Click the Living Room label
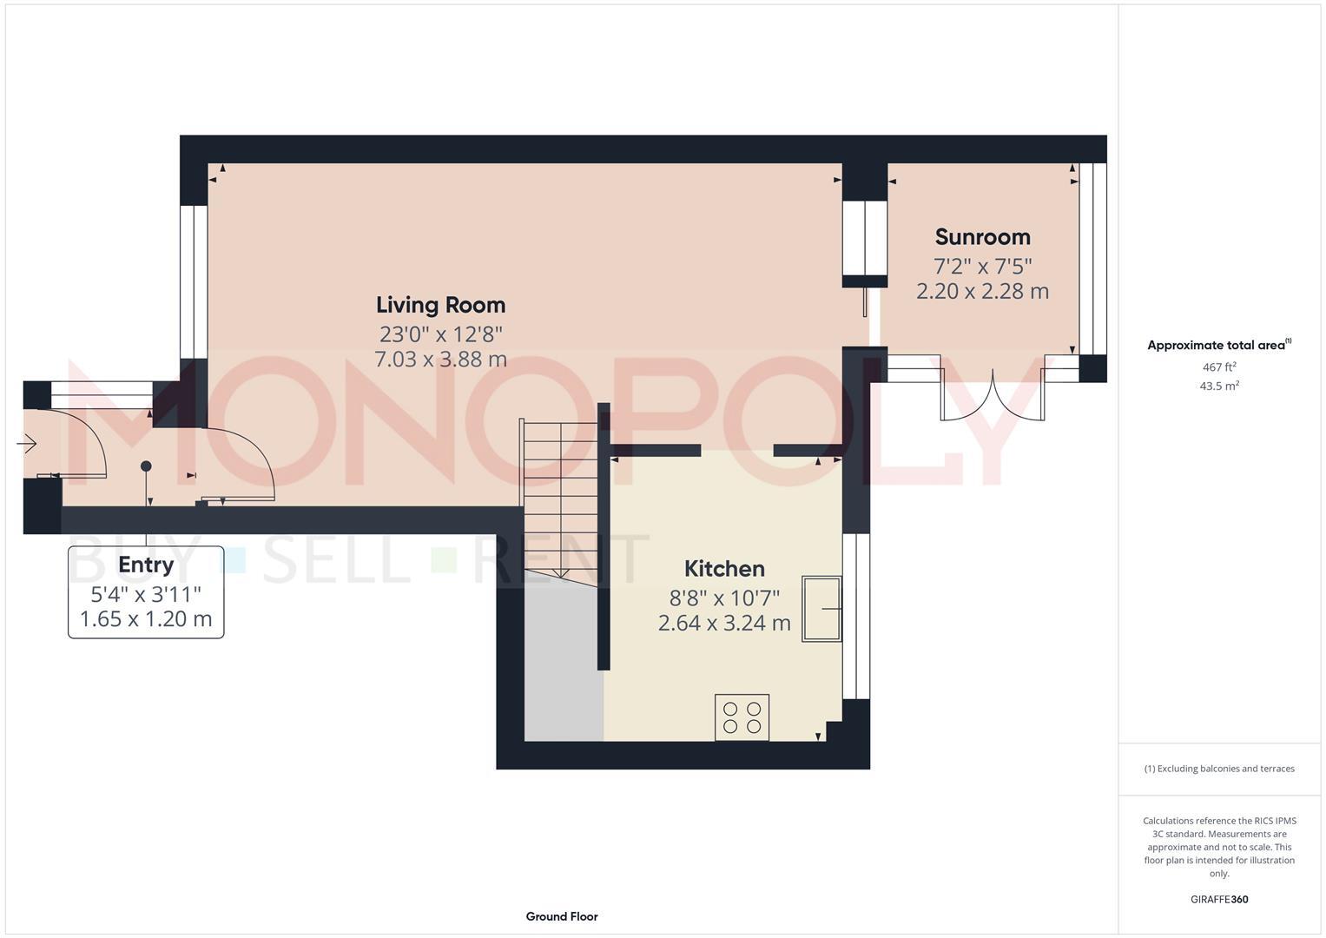[440, 305]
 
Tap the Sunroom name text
[982, 237]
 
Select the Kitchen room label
[724, 569]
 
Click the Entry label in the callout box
[146, 565]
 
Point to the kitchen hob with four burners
[742, 717]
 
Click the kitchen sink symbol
[821, 608]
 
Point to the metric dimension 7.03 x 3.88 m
[440, 359]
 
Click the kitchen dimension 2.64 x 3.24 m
[724, 623]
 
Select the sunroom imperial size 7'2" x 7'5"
[982, 265]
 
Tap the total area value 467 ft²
[1219, 367]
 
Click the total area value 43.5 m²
[1219, 386]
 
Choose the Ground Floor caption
[561, 916]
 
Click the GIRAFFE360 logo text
[1219, 899]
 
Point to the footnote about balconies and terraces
[1219, 769]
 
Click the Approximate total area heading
[1217, 345]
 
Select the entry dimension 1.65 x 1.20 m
[146, 619]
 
